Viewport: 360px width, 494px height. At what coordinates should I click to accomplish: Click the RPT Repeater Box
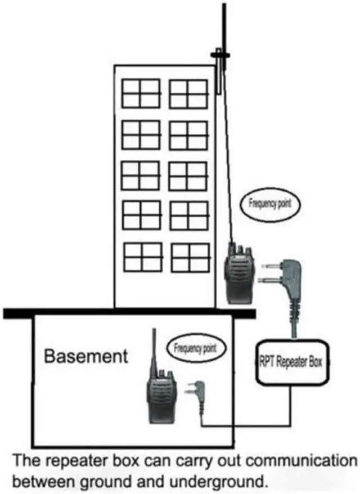point(292,362)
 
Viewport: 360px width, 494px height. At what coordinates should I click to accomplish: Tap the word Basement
point(86,356)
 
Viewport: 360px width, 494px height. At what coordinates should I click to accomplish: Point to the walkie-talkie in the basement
point(160,397)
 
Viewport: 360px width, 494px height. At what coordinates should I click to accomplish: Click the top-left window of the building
point(141,93)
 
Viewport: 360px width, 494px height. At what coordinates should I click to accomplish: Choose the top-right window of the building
point(188,93)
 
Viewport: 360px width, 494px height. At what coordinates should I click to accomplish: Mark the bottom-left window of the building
point(142,257)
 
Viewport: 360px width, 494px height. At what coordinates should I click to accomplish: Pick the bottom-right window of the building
point(190,257)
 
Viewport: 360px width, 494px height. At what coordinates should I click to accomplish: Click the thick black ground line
point(129,313)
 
